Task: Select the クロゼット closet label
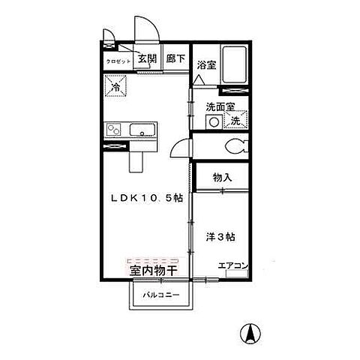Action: (118, 61)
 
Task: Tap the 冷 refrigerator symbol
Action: (116, 87)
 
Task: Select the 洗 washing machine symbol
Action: (235, 121)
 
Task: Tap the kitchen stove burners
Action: (115, 131)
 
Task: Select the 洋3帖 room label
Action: (221, 237)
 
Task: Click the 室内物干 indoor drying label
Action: (153, 269)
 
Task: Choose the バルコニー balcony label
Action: (162, 295)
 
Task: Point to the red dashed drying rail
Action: (153, 259)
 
